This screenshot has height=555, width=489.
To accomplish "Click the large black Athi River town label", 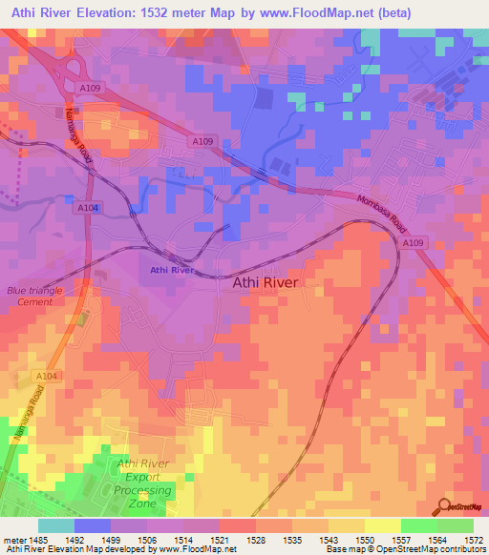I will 266,283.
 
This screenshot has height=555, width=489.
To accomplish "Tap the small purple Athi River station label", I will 172,272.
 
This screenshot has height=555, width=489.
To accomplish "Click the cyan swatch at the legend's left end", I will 55,525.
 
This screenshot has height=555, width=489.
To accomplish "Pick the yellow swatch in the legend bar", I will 382,525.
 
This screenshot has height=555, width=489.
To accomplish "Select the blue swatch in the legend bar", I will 92,525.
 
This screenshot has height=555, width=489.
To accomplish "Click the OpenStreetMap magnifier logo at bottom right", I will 445,507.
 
